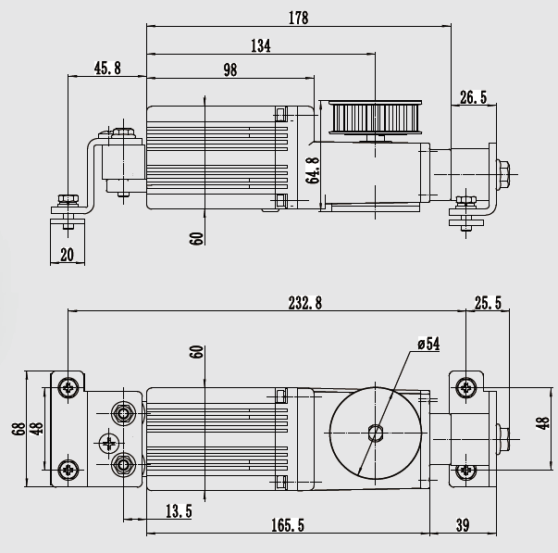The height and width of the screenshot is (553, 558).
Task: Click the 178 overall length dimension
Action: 298,18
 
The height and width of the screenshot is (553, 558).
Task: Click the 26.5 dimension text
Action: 472,96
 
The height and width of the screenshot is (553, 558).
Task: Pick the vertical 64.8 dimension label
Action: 314,170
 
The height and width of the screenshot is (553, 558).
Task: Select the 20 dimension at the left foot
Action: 68,255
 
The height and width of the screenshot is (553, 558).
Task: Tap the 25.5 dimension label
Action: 488,303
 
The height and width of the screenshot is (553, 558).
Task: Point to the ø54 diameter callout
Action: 428,345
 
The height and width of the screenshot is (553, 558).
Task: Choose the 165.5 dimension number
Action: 290,525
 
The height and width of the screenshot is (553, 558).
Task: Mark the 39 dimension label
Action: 463,525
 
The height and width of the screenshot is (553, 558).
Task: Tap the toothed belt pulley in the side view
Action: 375,119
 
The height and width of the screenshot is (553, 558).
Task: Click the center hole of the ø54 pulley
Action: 374,432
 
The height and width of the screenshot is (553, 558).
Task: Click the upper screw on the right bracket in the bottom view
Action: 465,387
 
